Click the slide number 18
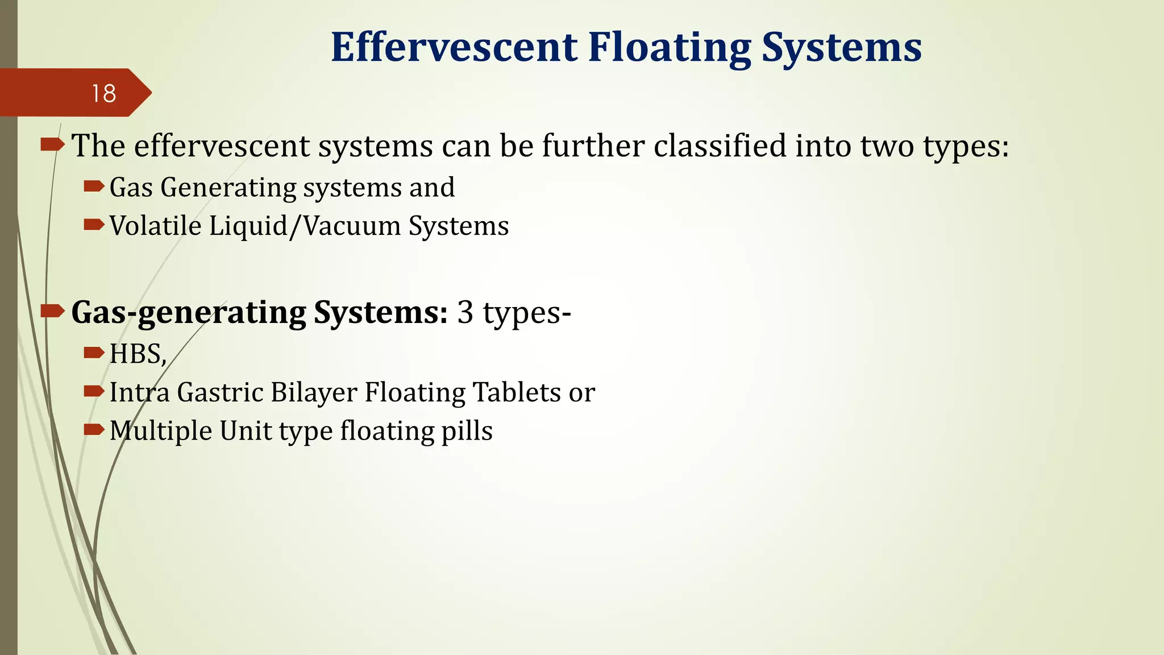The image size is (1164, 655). click(x=103, y=94)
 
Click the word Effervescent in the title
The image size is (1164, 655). click(x=454, y=47)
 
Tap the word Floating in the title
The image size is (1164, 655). click(x=670, y=48)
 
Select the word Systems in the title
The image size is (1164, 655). click(x=841, y=48)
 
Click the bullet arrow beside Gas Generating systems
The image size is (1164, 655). click(x=94, y=186)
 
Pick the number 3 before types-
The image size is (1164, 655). click(x=465, y=312)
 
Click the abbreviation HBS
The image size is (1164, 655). click(x=136, y=354)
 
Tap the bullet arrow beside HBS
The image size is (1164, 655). click(x=94, y=353)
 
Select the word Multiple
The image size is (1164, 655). click(x=161, y=431)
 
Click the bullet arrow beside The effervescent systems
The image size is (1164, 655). click(x=52, y=145)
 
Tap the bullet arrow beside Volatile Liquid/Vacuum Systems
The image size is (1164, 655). click(x=94, y=225)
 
